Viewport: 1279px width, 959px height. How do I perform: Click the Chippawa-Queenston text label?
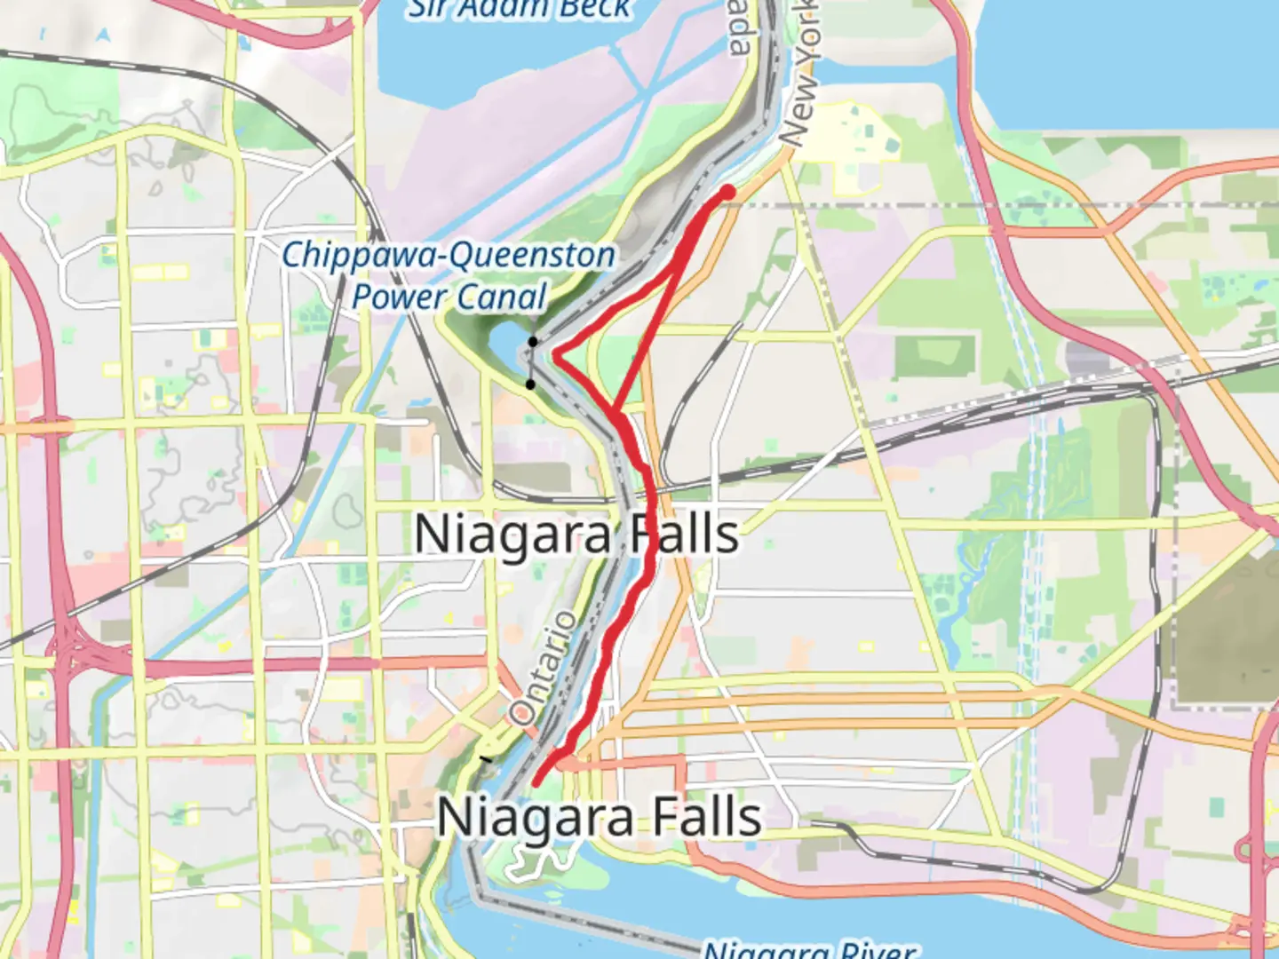tap(449, 256)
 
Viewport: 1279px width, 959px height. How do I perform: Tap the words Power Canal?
tap(449, 297)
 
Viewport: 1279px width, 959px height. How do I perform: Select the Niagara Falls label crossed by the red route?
tap(576, 535)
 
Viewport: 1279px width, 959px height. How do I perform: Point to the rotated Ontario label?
tap(542, 668)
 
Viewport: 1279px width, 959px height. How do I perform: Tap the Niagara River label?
tap(808, 948)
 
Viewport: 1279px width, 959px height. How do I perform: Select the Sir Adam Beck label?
tap(520, 9)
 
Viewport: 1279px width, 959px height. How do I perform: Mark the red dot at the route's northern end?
tap(727, 192)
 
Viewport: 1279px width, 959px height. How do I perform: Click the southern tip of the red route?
tap(536, 782)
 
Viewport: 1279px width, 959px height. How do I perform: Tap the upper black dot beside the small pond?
tap(533, 342)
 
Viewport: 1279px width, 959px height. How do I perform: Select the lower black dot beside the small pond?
tap(530, 384)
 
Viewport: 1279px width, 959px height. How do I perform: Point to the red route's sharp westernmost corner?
tap(556, 355)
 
